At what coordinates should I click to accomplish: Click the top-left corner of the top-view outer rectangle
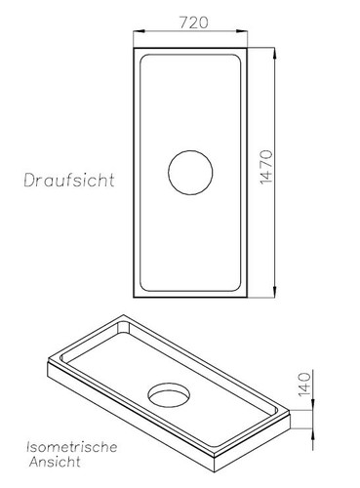tap(132, 43)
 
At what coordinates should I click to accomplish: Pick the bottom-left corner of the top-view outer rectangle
tap(132, 299)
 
